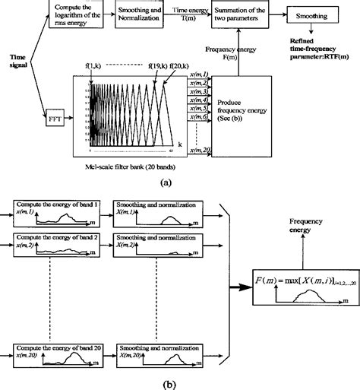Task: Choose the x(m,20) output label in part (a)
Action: (x=200, y=152)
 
